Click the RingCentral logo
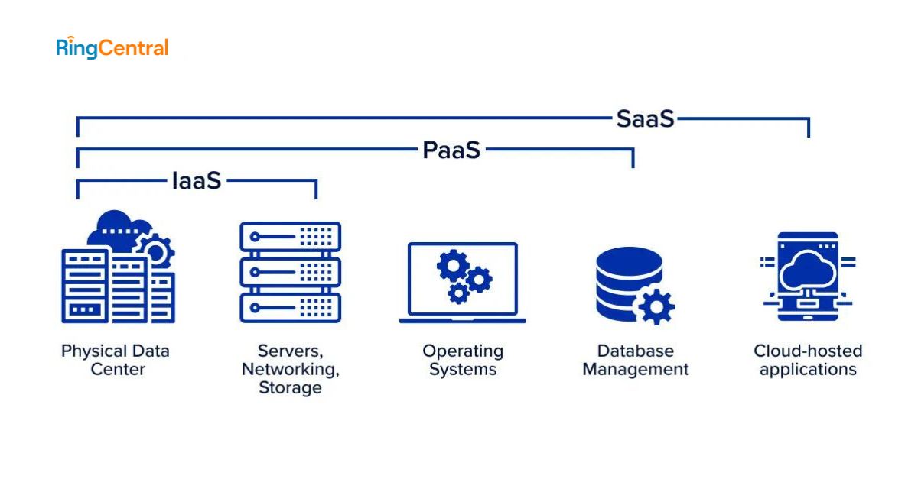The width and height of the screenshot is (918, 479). pyautogui.click(x=112, y=47)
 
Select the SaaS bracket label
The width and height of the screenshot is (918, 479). pyautogui.click(x=645, y=118)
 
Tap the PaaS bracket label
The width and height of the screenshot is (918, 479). pyautogui.click(x=451, y=150)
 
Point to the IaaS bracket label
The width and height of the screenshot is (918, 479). pyautogui.click(x=196, y=180)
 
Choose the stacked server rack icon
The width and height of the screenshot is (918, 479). pyautogui.click(x=290, y=271)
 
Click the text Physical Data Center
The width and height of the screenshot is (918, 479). pyautogui.click(x=116, y=360)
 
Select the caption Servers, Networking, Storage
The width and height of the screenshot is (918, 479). pyautogui.click(x=290, y=369)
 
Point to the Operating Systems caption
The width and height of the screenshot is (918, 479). pyautogui.click(x=463, y=360)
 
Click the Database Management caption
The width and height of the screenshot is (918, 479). pyautogui.click(x=636, y=360)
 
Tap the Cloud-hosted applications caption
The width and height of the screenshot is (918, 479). pyautogui.click(x=808, y=360)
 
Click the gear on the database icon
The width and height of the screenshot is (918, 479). pyautogui.click(x=656, y=305)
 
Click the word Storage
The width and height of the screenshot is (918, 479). pyautogui.click(x=290, y=387)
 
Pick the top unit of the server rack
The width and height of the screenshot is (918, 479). pyautogui.click(x=290, y=236)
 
